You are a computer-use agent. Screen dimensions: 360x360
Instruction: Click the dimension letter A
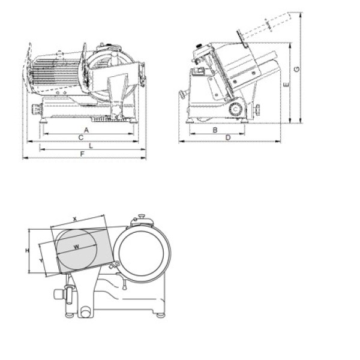[86, 130]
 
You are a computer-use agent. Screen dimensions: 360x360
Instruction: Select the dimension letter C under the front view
[81, 137]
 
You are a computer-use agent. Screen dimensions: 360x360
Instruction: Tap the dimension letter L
[91, 146]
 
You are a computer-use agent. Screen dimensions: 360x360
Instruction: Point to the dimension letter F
[82, 154]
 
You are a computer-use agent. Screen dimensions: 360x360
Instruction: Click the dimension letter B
[215, 130]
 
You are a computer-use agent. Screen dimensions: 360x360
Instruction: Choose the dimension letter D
[228, 138]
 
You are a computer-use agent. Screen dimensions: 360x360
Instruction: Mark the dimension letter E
[286, 85]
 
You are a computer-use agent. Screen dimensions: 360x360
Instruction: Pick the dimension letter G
[297, 69]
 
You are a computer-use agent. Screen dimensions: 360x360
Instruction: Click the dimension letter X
[75, 219]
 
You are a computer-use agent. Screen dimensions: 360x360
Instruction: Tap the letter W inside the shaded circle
[76, 247]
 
